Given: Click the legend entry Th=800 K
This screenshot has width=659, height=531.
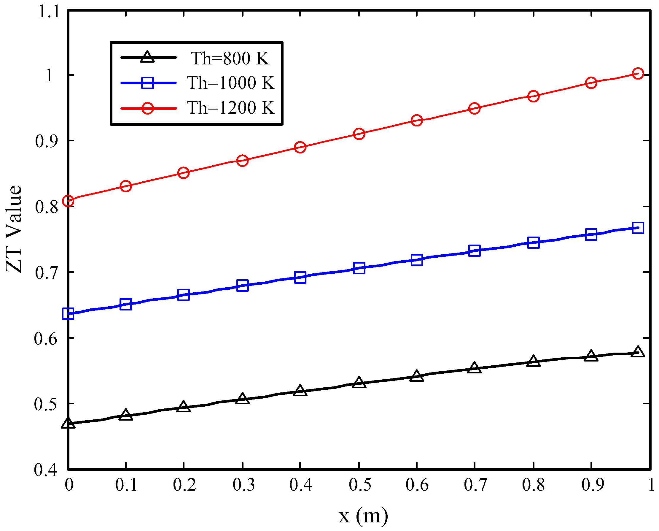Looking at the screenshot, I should coord(230,58).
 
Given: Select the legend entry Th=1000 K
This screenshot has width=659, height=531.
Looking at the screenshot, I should coord(231,83).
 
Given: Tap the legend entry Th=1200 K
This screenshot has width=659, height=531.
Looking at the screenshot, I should coord(231,108).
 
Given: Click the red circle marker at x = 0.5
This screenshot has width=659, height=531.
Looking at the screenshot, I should coord(359,134).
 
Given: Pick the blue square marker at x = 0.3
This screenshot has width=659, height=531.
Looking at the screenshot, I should coord(242,285).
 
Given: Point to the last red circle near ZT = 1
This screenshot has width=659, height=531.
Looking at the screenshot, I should coord(638,73).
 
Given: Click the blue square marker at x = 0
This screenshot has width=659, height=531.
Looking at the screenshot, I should coord(68,314).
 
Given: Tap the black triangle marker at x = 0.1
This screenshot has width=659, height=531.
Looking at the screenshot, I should coord(126,415).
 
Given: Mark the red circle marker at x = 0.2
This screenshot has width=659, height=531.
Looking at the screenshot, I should coord(183,173).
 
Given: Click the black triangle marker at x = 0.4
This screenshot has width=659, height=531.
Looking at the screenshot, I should coord(300,391).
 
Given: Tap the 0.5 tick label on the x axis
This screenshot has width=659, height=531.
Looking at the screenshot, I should coord(360,485).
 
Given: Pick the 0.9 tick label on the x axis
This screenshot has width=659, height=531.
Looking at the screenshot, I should coord(593,485).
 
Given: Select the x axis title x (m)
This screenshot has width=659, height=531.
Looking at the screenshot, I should coord(363,516).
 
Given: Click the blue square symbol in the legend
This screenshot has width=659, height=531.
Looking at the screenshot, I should coord(148,83).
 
